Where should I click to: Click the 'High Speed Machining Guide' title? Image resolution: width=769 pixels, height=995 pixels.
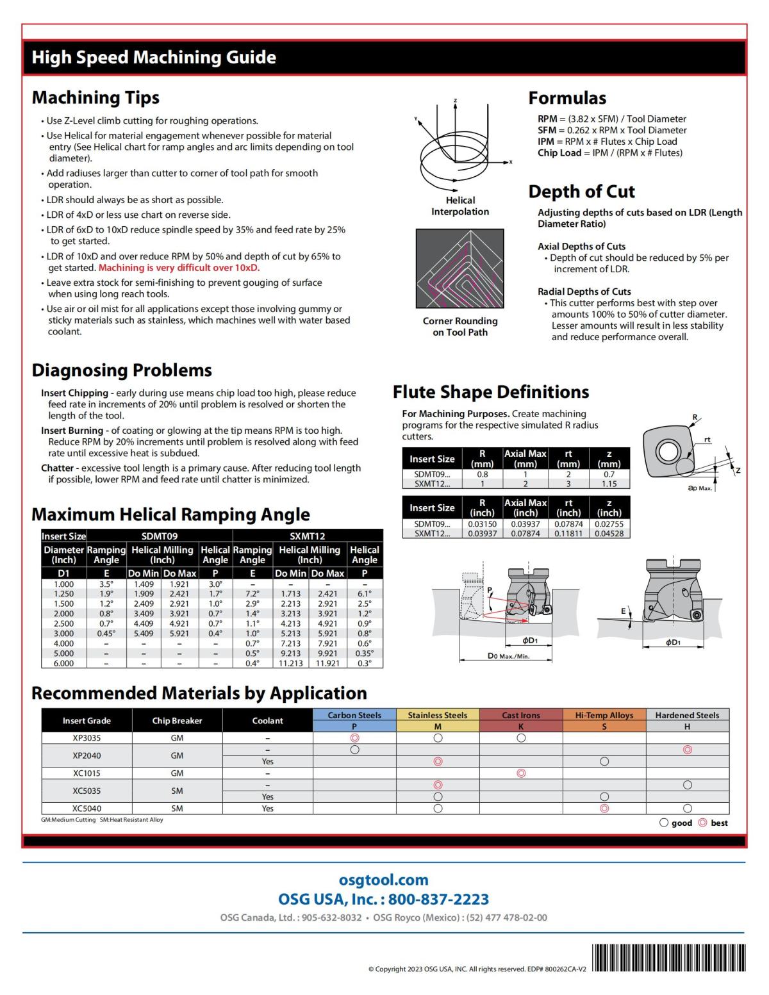(154, 58)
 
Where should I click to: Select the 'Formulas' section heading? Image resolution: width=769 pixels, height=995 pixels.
(566, 98)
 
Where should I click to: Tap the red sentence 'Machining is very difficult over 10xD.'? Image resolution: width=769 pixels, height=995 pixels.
(179, 268)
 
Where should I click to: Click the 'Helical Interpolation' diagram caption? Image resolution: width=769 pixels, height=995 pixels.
(459, 206)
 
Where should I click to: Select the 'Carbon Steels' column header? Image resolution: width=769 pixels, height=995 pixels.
(354, 715)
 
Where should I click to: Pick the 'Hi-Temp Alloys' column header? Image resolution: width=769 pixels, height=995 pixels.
(604, 715)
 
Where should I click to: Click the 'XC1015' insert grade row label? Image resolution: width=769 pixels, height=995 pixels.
(87, 773)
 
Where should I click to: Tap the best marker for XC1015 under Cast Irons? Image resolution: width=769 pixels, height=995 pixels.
(521, 773)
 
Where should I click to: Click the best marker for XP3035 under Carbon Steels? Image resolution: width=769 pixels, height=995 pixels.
(354, 738)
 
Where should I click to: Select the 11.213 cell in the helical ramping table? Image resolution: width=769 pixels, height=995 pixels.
(290, 663)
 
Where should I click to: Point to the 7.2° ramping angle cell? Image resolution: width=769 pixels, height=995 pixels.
(252, 594)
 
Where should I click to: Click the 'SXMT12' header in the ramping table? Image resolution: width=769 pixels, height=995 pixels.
(308, 536)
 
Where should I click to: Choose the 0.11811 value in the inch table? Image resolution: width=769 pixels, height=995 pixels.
(568, 533)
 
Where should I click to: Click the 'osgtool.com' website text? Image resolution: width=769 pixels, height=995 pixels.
(383, 880)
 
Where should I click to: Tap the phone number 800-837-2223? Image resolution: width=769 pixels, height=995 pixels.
(438, 900)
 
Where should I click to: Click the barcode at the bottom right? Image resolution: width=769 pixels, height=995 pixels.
(669, 958)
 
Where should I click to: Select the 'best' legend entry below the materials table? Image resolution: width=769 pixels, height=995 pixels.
(713, 823)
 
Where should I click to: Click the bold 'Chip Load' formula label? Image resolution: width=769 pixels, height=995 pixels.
(559, 153)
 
